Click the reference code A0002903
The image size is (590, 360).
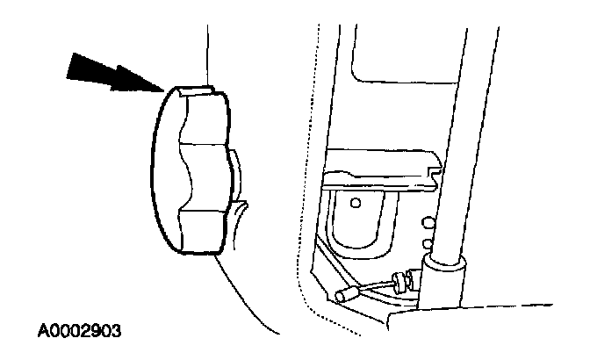(x=80, y=332)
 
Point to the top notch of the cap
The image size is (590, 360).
(x=197, y=89)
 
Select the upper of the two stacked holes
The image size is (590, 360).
(x=427, y=222)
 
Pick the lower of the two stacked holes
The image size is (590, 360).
(x=427, y=241)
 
